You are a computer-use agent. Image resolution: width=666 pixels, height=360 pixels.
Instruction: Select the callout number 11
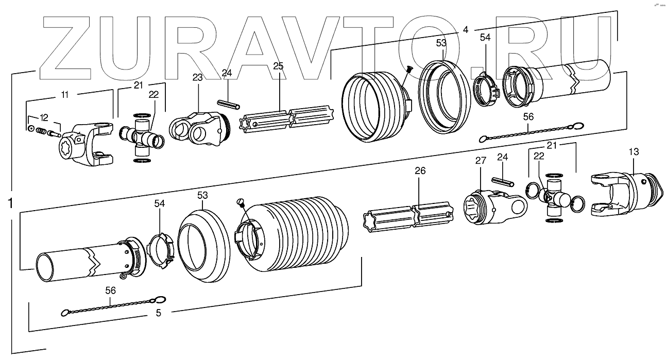click(x=65, y=95)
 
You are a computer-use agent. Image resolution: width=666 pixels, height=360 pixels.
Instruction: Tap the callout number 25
click(x=279, y=66)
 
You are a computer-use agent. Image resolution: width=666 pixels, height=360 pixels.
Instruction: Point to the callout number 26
click(x=420, y=171)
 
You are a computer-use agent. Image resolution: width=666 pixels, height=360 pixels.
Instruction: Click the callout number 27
click(x=481, y=161)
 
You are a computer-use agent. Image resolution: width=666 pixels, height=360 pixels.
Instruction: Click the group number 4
click(x=465, y=30)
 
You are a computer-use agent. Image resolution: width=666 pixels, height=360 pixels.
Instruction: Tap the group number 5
click(x=158, y=312)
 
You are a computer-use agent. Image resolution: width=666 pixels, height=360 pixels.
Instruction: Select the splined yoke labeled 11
click(x=86, y=146)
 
